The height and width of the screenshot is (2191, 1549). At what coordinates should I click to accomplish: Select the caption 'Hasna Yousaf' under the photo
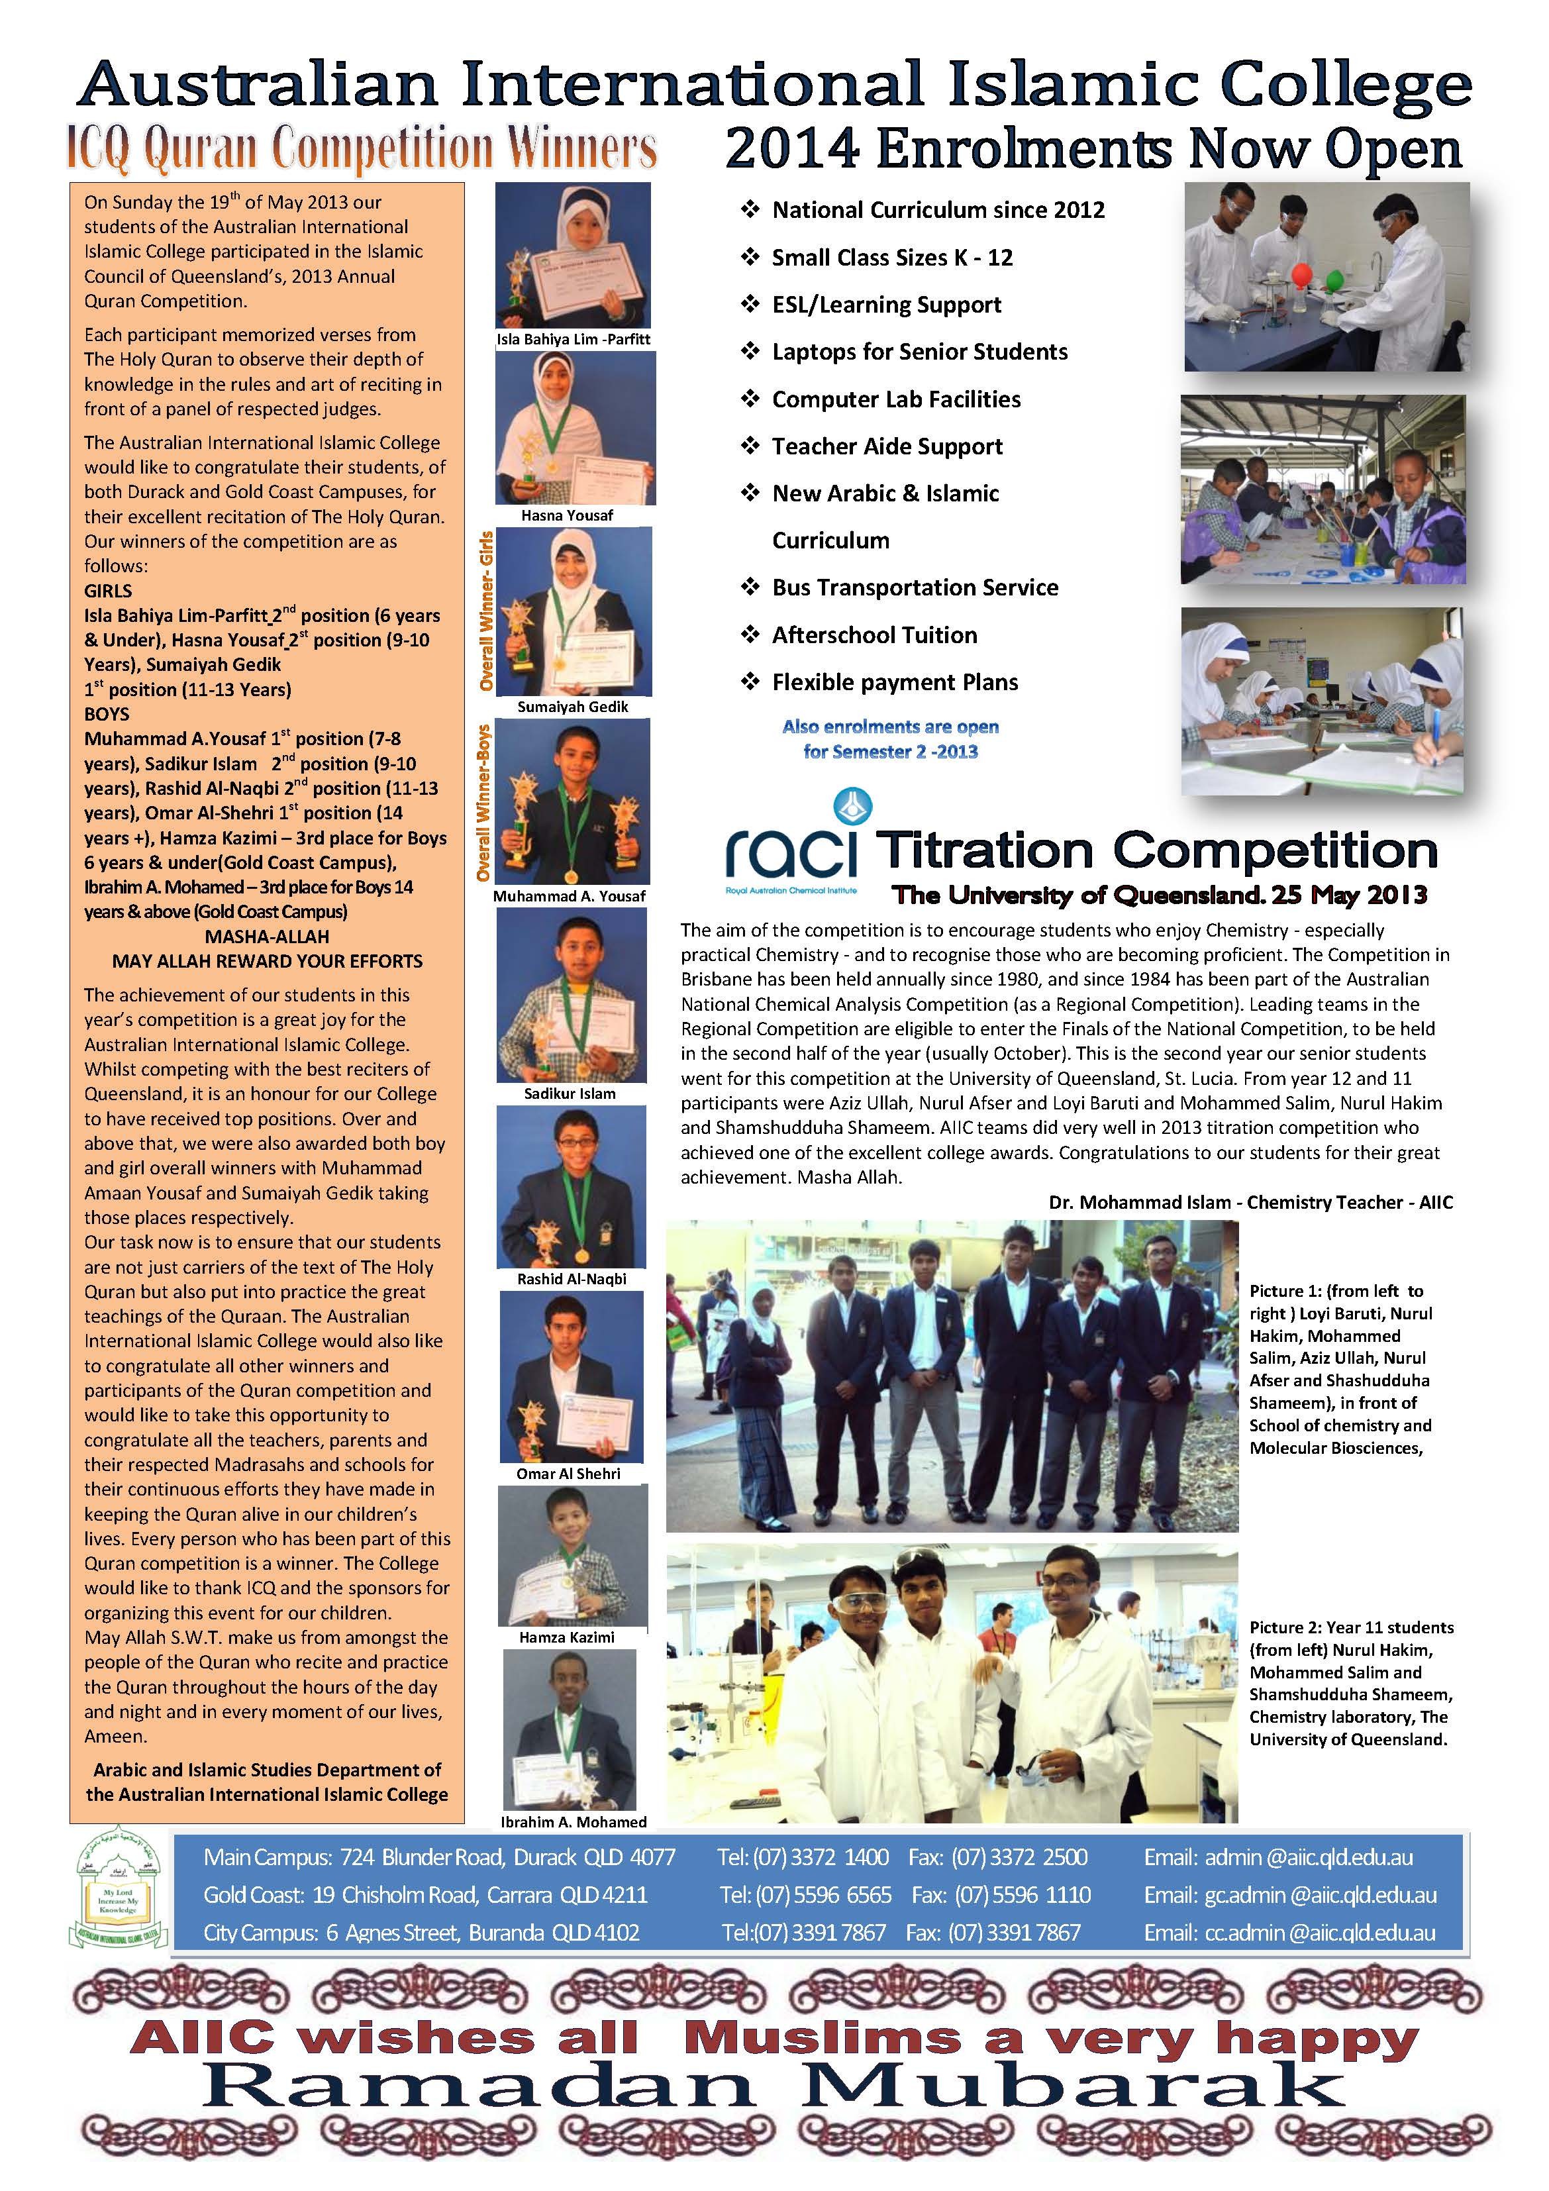click(567, 515)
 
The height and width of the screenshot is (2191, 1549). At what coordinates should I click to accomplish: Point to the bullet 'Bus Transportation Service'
click(915, 588)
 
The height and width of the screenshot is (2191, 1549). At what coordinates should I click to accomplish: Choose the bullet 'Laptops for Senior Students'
click(919, 352)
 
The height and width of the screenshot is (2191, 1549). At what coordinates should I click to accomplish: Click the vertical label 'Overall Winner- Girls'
click(486, 611)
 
